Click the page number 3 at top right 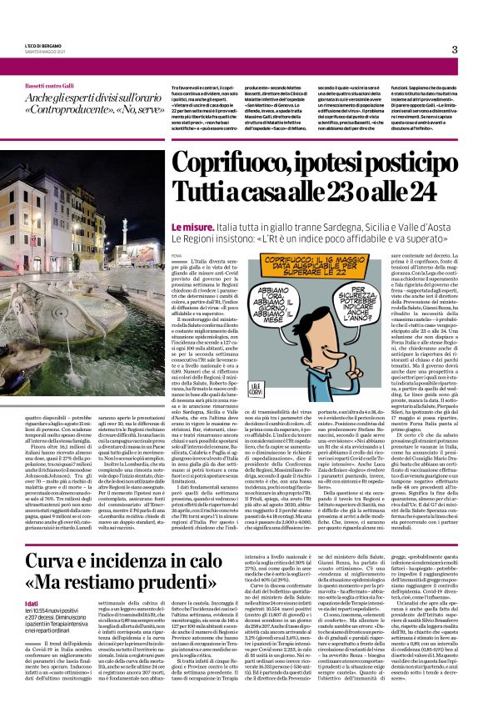click(x=455, y=50)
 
